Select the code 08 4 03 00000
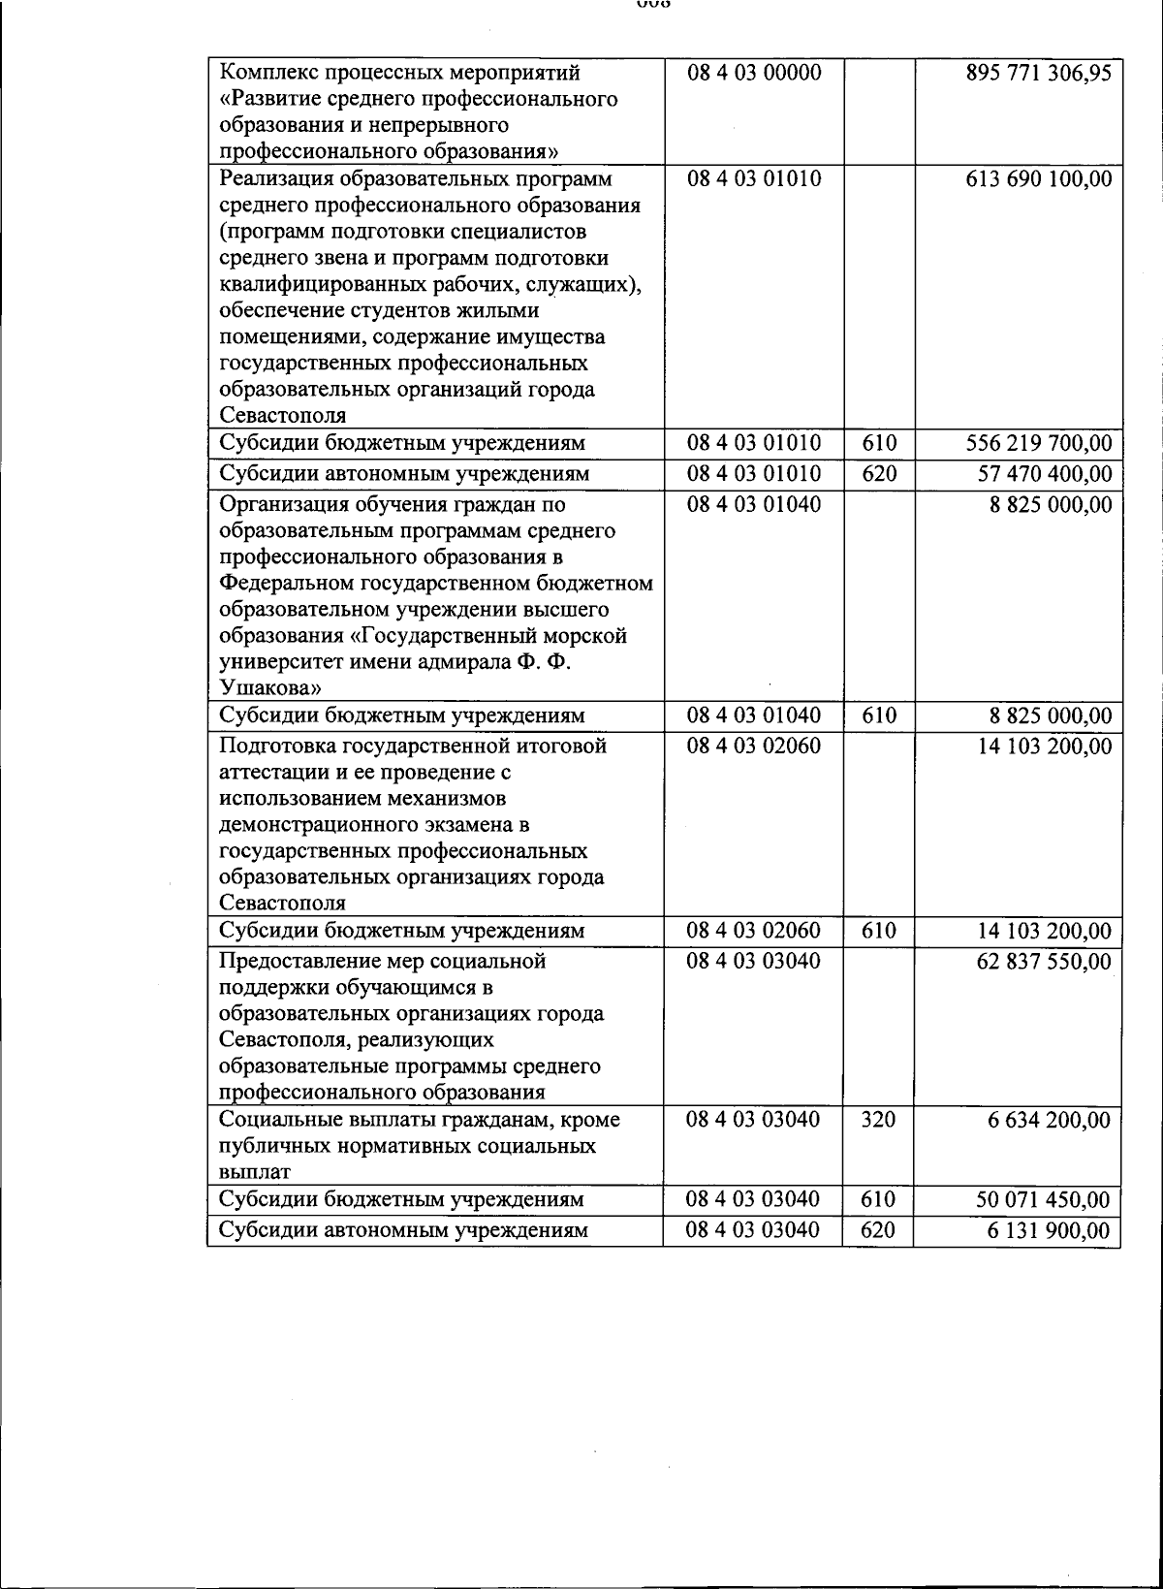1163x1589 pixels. (x=753, y=73)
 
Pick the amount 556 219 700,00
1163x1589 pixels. (x=1038, y=444)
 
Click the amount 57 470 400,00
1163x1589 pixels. (x=1044, y=475)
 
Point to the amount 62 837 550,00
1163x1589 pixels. (x=1044, y=962)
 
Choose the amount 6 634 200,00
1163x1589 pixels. (x=1049, y=1121)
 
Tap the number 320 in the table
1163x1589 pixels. (x=878, y=1120)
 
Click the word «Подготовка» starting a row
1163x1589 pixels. (x=277, y=747)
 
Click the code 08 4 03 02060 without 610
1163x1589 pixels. (x=753, y=747)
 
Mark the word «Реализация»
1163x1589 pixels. (x=276, y=179)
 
